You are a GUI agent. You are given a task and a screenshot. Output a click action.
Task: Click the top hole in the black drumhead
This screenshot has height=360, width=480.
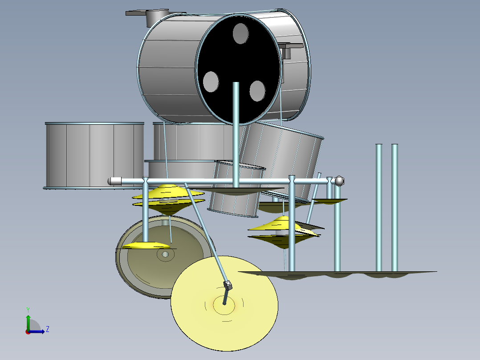(240, 33)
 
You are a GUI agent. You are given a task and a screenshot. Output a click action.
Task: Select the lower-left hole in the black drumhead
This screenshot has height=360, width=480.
(211, 82)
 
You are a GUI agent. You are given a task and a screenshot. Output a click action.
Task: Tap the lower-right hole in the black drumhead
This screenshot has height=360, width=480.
(257, 91)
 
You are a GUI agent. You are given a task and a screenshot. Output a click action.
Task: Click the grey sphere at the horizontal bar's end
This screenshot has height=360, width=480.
(339, 181)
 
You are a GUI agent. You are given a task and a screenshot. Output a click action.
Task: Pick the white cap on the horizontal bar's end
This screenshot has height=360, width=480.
(115, 181)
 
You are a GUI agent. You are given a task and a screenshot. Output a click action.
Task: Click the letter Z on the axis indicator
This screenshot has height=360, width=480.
(47, 329)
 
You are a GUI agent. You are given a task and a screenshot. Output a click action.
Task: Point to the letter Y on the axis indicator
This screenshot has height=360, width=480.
(28, 309)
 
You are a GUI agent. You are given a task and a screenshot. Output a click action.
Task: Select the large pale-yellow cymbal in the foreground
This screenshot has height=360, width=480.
(224, 321)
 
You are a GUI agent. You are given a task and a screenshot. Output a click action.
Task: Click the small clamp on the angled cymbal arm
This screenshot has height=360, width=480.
(228, 285)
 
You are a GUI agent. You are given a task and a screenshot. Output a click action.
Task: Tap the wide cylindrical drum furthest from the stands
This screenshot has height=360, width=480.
(94, 155)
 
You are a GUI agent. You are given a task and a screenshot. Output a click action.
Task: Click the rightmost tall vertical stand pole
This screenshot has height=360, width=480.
(395, 207)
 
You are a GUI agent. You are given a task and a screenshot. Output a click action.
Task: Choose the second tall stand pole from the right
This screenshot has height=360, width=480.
(379, 207)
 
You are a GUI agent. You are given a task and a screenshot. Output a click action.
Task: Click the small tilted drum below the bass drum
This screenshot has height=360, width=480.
(236, 189)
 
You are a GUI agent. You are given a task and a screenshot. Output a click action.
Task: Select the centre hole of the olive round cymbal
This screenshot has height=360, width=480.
(165, 254)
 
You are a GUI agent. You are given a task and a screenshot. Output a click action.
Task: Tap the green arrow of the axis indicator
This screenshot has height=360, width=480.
(28, 320)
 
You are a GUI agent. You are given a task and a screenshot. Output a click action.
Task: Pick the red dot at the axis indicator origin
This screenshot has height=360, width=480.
(28, 331)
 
